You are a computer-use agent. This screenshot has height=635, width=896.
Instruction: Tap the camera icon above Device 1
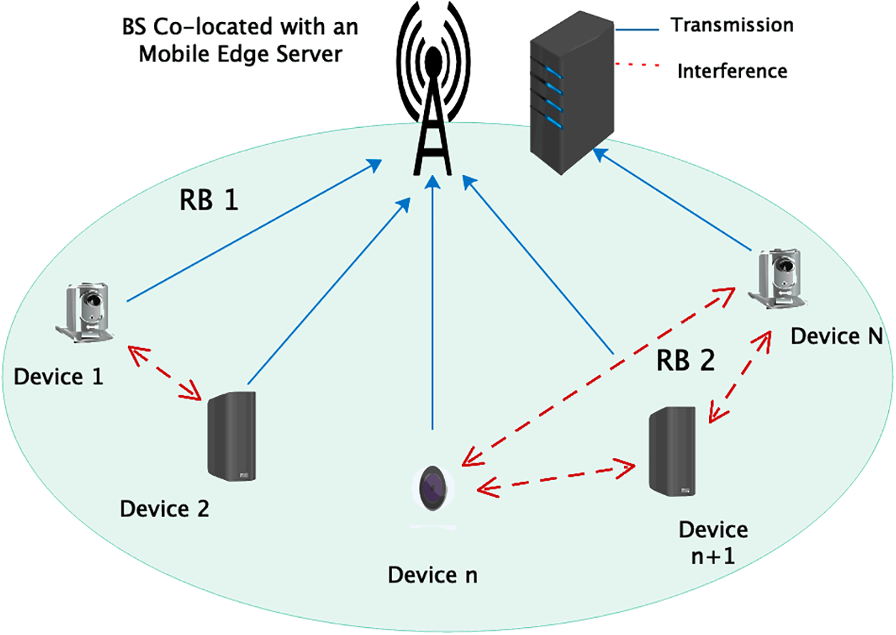tap(89, 312)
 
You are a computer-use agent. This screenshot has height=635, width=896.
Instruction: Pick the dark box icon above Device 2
tap(231, 436)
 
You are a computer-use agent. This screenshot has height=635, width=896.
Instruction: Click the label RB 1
tap(208, 202)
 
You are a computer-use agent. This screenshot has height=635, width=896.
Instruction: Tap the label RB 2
tap(685, 363)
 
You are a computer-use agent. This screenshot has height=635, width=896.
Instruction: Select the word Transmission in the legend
tap(732, 25)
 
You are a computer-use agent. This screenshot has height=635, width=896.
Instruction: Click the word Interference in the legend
tap(732, 71)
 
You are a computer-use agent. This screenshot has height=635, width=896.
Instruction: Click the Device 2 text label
tap(165, 509)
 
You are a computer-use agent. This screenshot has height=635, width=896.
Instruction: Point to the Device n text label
tap(432, 574)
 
